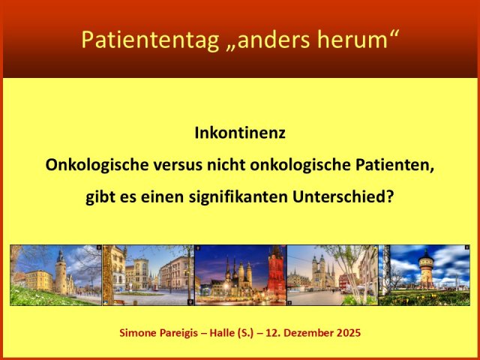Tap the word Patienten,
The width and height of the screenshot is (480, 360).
(392, 166)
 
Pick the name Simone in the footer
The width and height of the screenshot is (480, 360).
(140, 331)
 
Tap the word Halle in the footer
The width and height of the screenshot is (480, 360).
(238, 331)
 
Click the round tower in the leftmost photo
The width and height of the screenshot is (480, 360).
(60, 271)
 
